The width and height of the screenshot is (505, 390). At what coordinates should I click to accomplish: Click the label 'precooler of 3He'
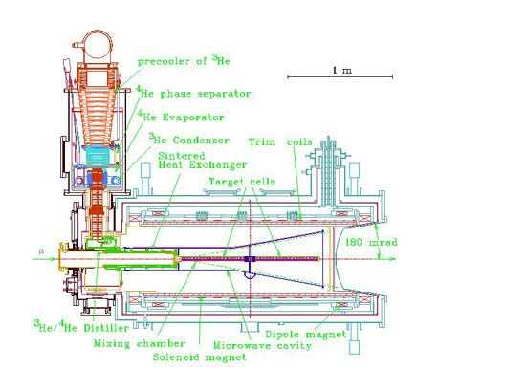coord(184,60)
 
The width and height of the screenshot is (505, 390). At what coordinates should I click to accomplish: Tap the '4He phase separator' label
coord(193,93)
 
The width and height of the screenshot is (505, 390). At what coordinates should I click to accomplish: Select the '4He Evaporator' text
coord(181,117)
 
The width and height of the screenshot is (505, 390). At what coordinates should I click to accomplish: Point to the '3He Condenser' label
coord(189,139)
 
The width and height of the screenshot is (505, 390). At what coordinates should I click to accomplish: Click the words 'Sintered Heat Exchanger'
coord(202,161)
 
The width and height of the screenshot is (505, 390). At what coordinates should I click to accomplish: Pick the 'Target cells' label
coord(242,182)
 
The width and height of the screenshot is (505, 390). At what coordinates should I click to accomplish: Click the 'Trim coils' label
coord(280,141)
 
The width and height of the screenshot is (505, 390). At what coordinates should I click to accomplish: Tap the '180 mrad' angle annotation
coord(371,242)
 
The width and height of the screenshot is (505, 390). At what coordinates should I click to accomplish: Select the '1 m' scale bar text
coord(342,70)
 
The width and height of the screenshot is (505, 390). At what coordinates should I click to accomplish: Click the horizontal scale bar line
coord(340,76)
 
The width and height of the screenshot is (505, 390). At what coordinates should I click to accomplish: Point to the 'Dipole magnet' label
coord(306,335)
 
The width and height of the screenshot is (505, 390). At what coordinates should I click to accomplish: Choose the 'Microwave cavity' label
coord(262,346)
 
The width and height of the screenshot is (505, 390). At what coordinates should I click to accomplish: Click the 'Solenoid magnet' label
coord(199,357)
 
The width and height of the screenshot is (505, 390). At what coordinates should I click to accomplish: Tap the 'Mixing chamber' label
coord(139,344)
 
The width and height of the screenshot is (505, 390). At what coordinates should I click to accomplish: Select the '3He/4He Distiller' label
coord(81,326)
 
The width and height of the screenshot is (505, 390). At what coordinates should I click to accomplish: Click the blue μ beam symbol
coord(41,251)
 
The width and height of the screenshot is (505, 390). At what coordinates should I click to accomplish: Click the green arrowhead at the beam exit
coord(392,259)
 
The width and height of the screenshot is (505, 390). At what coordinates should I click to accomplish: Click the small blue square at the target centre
coord(250,259)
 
